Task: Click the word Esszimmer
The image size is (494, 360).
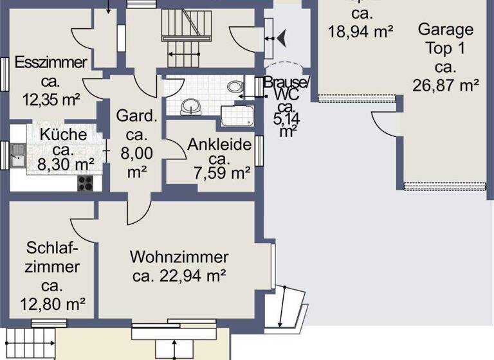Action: [51, 63]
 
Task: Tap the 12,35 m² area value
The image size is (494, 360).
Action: [51, 100]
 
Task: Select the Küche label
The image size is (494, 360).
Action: [63, 135]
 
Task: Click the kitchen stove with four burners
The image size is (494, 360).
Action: [86, 183]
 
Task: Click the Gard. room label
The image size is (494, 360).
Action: [136, 117]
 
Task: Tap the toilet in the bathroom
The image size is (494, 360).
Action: [235, 86]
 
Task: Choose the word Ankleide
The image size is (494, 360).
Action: [219, 145]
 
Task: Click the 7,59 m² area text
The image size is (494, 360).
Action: [222, 172]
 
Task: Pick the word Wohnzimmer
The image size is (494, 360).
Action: [179, 258]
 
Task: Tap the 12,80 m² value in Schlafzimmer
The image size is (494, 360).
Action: [53, 303]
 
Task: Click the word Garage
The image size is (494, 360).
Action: [445, 29]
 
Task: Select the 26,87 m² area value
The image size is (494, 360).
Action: [446, 85]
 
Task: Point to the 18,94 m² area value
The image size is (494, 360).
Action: [360, 30]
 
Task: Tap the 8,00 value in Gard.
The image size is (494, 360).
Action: [136, 154]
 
